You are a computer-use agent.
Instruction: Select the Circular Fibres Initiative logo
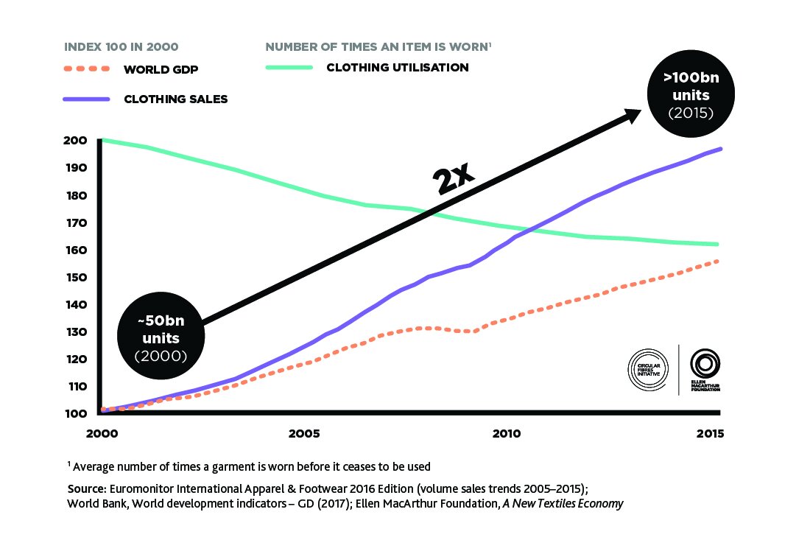[x=648, y=368]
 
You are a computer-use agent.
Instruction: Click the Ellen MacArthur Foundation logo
[x=705, y=369]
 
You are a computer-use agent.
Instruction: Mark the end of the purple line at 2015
[x=720, y=149]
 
